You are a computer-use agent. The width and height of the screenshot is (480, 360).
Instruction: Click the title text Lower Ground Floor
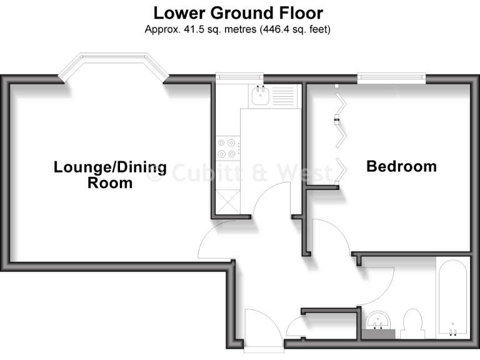pos(239,12)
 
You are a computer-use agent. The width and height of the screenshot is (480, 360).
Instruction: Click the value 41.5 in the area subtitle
pos(189,29)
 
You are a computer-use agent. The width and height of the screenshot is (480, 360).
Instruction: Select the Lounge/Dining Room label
pos(110,175)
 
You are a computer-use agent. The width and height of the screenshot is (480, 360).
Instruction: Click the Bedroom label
pos(401,166)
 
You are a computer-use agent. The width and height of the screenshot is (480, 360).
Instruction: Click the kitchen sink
pos(259,96)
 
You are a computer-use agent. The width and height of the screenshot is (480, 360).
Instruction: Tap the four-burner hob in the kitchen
pos(226,147)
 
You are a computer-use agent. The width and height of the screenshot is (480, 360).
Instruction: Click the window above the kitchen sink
pos(239,77)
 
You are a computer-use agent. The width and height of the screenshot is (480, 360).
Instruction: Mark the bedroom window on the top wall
pos(391,78)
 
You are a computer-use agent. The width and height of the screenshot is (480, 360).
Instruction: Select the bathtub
pos(451,297)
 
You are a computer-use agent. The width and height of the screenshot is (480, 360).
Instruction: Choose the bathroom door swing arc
pos(378,284)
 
